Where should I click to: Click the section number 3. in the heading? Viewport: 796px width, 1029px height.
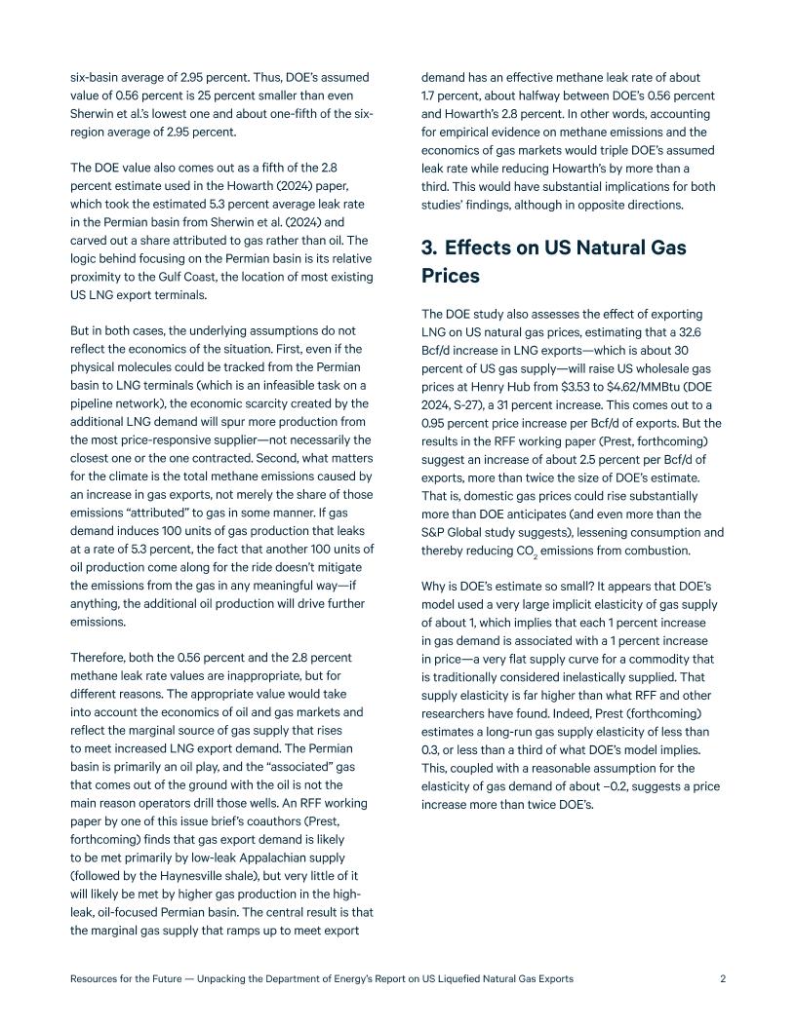pyautogui.click(x=431, y=248)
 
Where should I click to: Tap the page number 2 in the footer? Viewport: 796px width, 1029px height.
pyautogui.click(x=723, y=979)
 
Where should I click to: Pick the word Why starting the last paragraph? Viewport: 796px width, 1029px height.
pyautogui.click(x=434, y=586)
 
